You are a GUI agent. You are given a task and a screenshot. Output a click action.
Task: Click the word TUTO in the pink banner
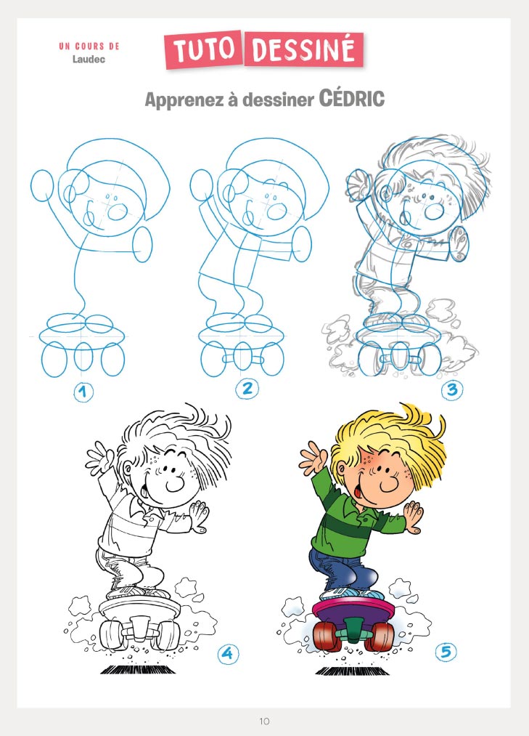pyautogui.click(x=204, y=49)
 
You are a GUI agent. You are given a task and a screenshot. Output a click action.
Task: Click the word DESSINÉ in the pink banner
pyautogui.click(x=303, y=49)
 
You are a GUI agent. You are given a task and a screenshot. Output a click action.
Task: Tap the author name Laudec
pyautogui.click(x=89, y=59)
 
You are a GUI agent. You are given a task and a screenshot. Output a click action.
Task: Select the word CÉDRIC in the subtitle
pyautogui.click(x=352, y=99)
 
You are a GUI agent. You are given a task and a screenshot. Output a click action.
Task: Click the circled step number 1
pyautogui.click(x=83, y=392)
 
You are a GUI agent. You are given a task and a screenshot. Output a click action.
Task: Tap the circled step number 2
pyautogui.click(x=247, y=389)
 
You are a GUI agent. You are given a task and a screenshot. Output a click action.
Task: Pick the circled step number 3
pyautogui.click(x=452, y=389)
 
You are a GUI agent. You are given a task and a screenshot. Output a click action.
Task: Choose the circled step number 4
pyautogui.click(x=228, y=653)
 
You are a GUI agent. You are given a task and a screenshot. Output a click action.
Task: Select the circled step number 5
pyautogui.click(x=446, y=652)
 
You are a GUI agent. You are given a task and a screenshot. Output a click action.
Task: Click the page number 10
pyautogui.click(x=264, y=721)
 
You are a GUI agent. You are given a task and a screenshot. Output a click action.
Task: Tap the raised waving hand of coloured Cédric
pyautogui.click(x=312, y=458)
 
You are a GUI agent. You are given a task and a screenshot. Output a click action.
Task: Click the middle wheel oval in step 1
pyautogui.click(x=83, y=356)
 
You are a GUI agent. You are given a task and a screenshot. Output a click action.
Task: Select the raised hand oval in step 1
pyautogui.click(x=43, y=186)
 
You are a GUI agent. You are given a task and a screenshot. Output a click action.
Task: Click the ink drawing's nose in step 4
pyautogui.click(x=175, y=484)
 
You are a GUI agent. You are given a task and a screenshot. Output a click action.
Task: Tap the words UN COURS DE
pyautogui.click(x=89, y=46)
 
